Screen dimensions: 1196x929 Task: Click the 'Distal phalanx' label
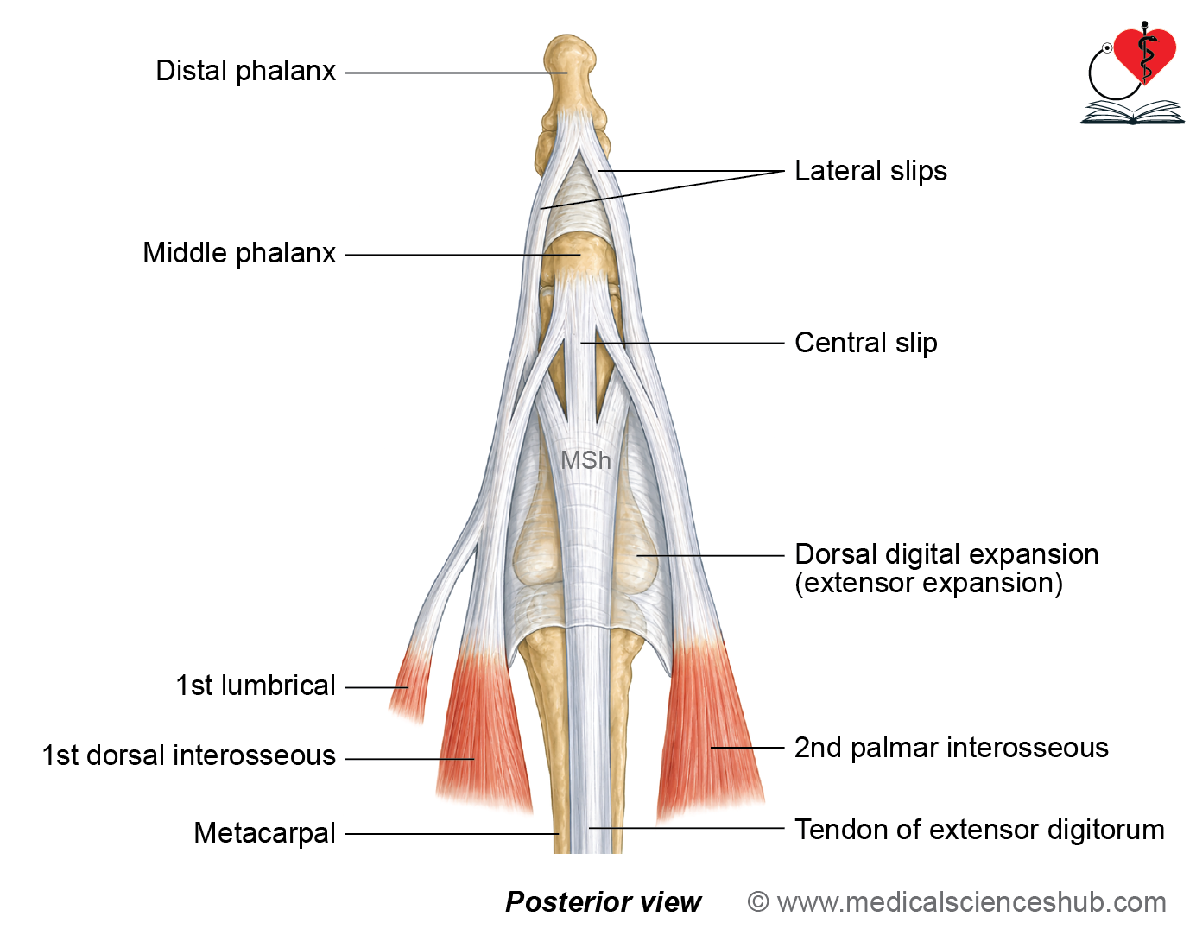pos(245,72)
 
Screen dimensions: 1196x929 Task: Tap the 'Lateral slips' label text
pos(870,171)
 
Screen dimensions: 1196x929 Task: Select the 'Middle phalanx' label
pos(239,254)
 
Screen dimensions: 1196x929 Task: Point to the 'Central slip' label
pos(866,344)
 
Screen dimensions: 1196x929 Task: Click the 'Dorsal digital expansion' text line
pos(946,554)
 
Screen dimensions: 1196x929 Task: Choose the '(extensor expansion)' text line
pos(928,584)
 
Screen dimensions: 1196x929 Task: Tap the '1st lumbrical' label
pos(256,686)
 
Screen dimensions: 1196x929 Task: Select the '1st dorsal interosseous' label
pos(189,755)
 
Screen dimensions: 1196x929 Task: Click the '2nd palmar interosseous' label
pos(951,748)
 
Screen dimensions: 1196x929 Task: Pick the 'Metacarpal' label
pos(264,833)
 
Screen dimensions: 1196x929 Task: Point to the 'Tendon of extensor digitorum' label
pos(980,830)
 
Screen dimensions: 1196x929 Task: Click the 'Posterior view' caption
pos(604,902)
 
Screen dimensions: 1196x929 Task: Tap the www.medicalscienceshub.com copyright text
pos(956,902)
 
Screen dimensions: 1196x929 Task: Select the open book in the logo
pos(1132,112)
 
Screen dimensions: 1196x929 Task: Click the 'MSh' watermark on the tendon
pos(585,461)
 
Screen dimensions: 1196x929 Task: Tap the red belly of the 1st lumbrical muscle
pos(410,685)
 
